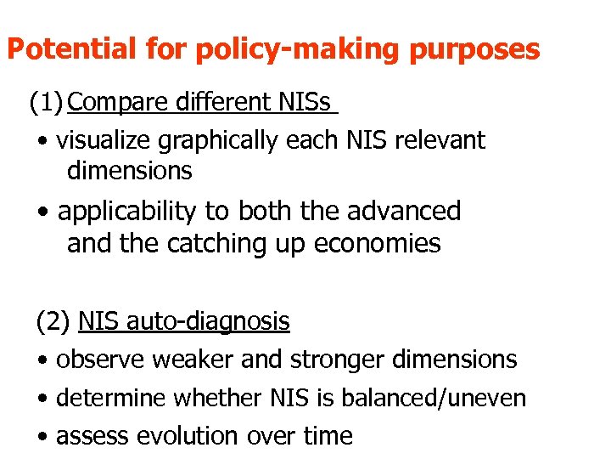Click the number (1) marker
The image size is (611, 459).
pyautogui.click(x=46, y=103)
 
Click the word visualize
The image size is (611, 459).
pyautogui.click(x=101, y=139)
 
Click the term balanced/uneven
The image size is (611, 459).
pyautogui.click(x=457, y=398)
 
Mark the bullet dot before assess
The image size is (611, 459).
pyautogui.click(x=42, y=437)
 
